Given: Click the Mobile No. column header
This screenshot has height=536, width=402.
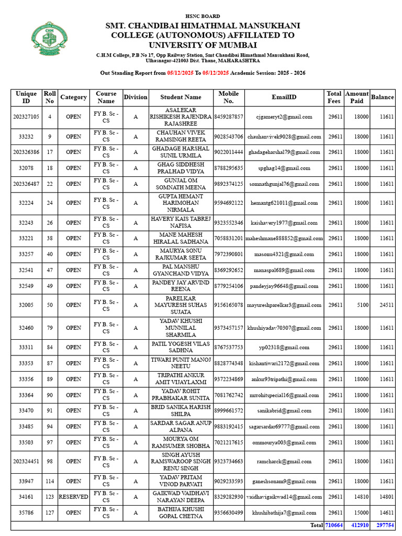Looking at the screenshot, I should coord(229,97).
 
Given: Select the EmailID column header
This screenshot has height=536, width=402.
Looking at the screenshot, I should coord(284,97).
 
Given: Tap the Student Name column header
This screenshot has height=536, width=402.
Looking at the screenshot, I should coord(181,97).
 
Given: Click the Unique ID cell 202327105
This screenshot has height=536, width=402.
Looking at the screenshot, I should coord(26,117).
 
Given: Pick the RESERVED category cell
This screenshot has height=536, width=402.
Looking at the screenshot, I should coord(73,496).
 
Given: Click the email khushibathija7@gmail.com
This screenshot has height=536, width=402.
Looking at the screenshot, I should coord(284,512).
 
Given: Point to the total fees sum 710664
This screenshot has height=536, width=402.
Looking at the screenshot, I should coord(333,525).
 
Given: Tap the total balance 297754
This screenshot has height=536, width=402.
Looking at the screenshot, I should coord(385,525).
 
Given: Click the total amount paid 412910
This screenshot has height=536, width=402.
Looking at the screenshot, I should coord(359,525).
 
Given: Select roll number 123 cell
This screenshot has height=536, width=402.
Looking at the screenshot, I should coord(50,496).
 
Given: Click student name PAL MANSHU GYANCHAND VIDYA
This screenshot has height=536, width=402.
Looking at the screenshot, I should coord(181,270).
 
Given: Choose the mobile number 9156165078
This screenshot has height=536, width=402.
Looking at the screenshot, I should coord(229,305).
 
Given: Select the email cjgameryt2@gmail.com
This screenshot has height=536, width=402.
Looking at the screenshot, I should coord(284,117).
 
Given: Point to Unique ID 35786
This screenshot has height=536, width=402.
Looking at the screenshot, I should coord(26,512).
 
